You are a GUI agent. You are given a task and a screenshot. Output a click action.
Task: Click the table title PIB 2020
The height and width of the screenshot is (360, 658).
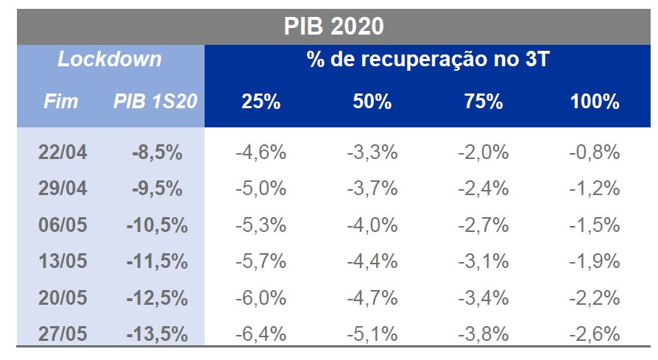click(333, 26)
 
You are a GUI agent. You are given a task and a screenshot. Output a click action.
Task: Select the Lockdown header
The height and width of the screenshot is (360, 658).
click(110, 60)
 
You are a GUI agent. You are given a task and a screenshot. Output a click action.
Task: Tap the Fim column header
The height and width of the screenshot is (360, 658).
click(60, 102)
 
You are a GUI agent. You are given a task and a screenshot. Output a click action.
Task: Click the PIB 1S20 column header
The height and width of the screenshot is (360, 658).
click(155, 102)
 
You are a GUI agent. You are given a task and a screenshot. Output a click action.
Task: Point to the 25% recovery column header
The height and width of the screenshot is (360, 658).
click(261, 102)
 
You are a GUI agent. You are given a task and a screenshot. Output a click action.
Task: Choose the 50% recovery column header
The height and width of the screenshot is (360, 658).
click(372, 102)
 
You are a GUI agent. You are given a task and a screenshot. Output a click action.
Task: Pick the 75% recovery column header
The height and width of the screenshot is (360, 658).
click(483, 102)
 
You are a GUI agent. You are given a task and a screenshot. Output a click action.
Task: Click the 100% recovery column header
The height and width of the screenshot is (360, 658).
click(595, 102)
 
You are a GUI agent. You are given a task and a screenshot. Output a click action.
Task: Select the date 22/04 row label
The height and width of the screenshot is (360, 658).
click(62, 153)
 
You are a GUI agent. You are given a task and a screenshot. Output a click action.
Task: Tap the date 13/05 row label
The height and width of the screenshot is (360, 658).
click(62, 261)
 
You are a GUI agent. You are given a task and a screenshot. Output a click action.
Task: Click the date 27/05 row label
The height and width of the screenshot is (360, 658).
click(62, 333)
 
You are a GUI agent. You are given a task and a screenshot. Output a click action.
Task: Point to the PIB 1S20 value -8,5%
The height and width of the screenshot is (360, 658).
click(157, 153)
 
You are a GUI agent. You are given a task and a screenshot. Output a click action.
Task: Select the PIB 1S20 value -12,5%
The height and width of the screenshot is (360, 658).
click(157, 297)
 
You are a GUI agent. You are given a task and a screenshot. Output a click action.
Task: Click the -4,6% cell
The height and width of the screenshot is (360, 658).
click(261, 153)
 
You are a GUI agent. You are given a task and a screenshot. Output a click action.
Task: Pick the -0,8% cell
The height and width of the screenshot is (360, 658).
click(595, 153)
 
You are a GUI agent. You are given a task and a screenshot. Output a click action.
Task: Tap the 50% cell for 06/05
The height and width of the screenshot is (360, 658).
click(372, 225)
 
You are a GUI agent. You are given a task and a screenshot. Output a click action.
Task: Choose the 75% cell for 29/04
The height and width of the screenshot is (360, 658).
click(483, 188)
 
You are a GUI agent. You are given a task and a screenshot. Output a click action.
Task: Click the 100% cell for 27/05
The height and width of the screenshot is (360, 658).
click(595, 333)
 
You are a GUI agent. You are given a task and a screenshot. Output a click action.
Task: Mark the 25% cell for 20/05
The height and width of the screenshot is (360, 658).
click(261, 297)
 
